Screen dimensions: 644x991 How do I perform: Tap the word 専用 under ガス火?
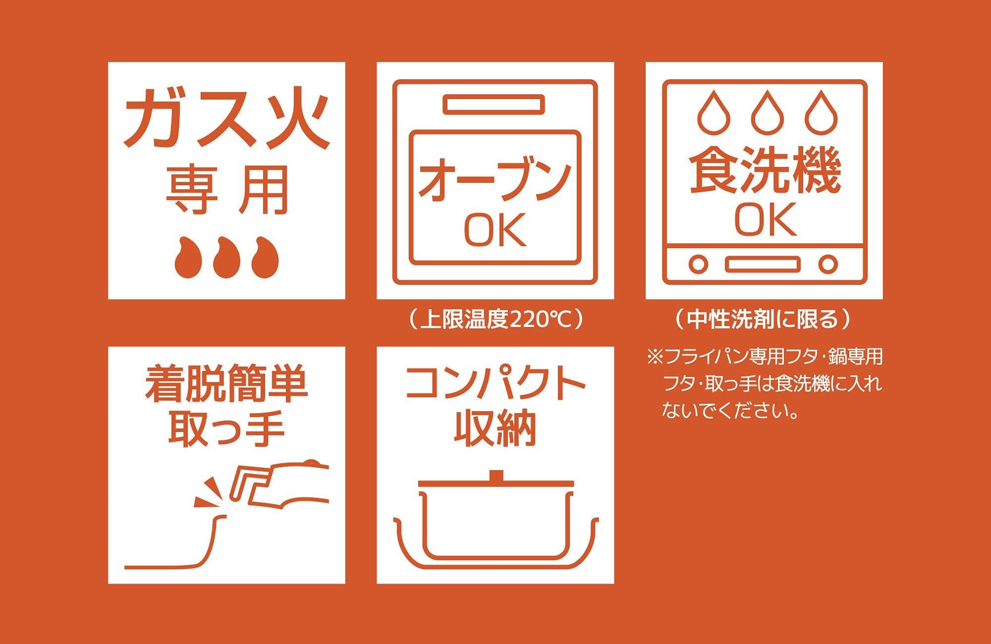pos(226,190)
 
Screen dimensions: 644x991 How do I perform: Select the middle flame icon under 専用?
pos(226,257)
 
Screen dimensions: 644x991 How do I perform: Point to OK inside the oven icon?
pos(495,230)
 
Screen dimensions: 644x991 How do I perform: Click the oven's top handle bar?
pos(494,105)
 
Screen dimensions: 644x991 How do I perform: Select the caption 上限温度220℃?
pos(495,320)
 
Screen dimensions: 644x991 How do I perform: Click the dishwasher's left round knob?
pos(698,264)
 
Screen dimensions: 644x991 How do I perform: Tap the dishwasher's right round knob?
pos(827,264)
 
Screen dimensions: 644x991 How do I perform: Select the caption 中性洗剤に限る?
pos(763,320)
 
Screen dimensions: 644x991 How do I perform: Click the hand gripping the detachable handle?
pos(297,483)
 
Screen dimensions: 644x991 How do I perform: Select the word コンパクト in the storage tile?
pos(495,384)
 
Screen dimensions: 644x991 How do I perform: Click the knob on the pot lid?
pos(495,476)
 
